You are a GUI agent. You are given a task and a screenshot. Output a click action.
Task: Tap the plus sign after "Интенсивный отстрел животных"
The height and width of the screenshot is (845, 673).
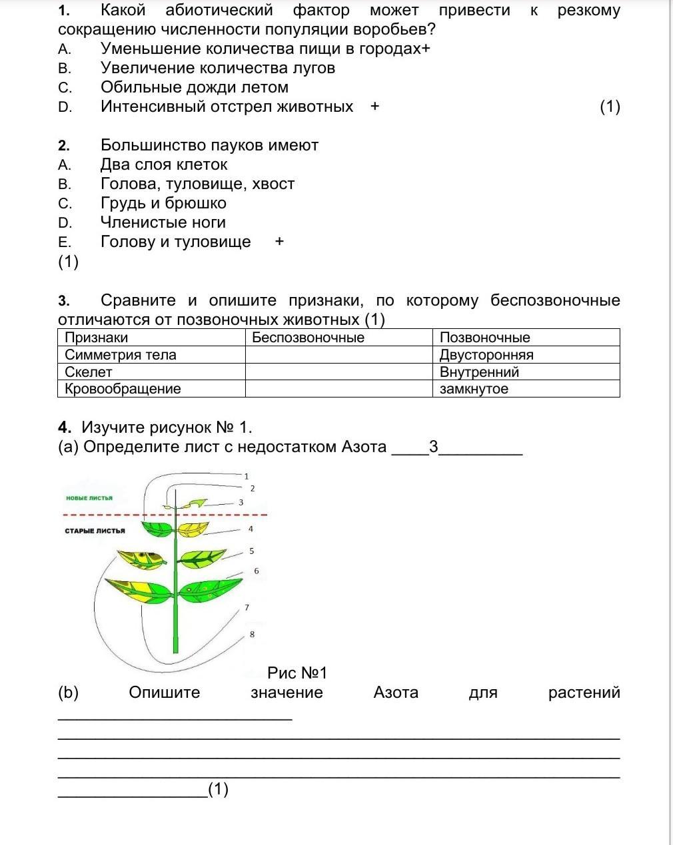374,107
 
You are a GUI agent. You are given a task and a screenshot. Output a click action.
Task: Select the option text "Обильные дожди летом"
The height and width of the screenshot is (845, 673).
194,87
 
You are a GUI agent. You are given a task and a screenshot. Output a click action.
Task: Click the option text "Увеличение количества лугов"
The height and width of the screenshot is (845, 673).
217,68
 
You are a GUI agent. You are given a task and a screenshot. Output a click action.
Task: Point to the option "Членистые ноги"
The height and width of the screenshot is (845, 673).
163,222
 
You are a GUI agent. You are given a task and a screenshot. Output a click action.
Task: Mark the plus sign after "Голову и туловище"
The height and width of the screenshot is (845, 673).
279,242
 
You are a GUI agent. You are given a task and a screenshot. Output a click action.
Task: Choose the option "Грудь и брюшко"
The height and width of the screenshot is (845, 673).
163,203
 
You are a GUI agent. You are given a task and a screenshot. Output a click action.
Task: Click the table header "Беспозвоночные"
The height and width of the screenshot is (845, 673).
308,338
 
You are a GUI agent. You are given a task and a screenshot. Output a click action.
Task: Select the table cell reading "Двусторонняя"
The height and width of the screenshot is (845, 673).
486,355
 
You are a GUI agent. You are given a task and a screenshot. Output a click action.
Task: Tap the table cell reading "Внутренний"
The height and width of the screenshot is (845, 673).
479,372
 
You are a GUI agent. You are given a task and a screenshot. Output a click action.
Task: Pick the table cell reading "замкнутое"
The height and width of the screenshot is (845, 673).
474,389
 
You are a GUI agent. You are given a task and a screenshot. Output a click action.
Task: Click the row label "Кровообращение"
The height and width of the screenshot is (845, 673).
123,389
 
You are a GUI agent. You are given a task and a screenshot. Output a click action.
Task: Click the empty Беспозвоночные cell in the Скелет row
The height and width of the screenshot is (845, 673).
338,372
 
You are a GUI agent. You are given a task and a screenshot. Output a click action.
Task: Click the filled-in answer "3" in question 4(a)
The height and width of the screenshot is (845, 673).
434,447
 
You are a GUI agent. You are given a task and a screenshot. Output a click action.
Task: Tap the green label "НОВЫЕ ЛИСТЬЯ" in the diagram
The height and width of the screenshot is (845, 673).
89,498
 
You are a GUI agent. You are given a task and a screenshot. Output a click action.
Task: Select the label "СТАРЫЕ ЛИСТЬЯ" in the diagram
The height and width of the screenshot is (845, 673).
95,531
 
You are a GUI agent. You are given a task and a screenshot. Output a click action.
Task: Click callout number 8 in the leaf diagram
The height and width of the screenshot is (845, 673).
252,634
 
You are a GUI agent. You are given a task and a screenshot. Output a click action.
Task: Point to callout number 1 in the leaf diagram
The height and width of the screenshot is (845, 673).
247,476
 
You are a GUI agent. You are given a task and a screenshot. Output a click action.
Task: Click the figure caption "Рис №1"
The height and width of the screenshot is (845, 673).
297,673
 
